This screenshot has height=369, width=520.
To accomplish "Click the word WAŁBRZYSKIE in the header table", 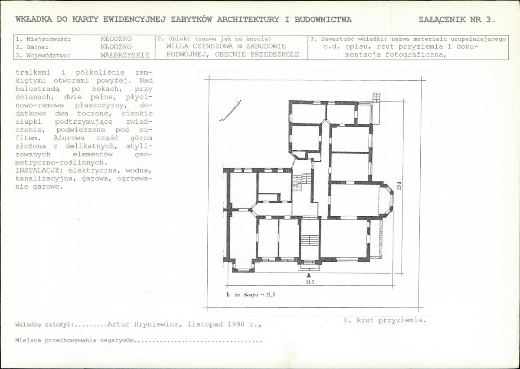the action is (125, 56).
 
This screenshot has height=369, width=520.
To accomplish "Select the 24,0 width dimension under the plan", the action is (310, 282).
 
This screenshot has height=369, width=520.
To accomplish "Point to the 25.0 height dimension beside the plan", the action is (399, 185).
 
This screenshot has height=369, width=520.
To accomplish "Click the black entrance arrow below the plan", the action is (309, 275).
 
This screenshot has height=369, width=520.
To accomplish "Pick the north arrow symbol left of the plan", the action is (230, 111).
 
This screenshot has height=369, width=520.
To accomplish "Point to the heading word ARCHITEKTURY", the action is (248, 19).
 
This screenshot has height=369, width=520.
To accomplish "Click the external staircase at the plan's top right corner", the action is (376, 108).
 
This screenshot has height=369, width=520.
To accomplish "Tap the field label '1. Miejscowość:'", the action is (43, 39).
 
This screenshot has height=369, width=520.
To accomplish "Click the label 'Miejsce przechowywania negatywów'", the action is (75, 340).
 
